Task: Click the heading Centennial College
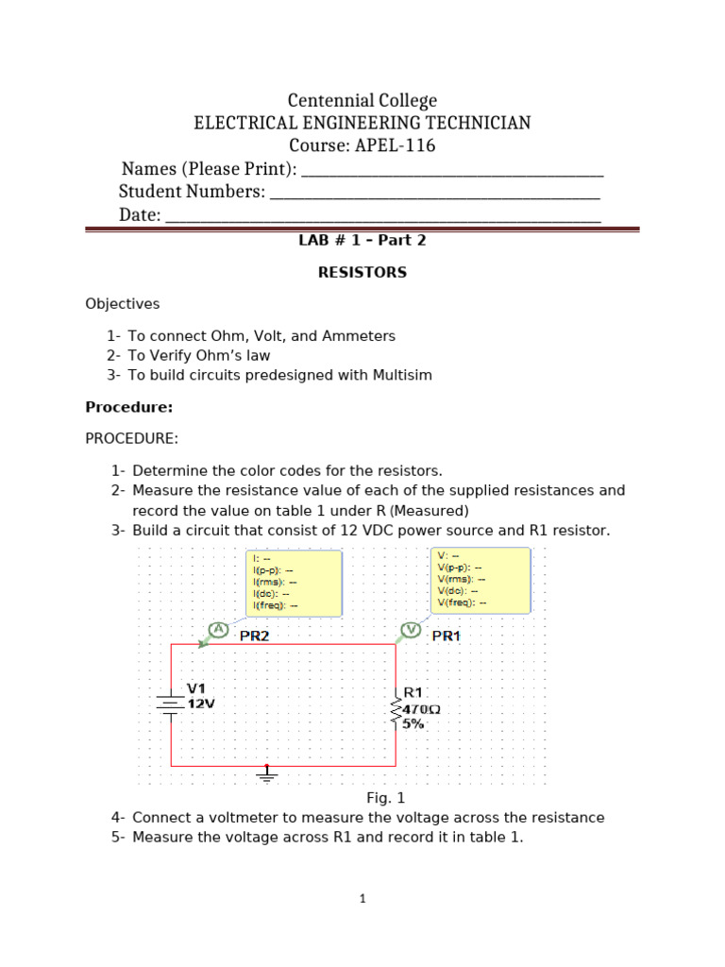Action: pyautogui.click(x=362, y=100)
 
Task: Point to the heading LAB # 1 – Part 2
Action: pyautogui.click(x=362, y=241)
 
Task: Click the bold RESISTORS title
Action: pyautogui.click(x=362, y=272)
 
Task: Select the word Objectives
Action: pyautogui.click(x=123, y=304)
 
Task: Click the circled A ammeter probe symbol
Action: pyautogui.click(x=218, y=630)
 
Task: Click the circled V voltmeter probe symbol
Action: pyautogui.click(x=410, y=630)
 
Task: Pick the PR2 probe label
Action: pyautogui.click(x=254, y=636)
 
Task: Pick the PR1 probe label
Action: pyautogui.click(x=446, y=636)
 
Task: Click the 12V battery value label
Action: pyautogui.click(x=201, y=704)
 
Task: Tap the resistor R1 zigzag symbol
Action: pyautogui.click(x=396, y=710)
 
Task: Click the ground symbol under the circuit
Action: pyautogui.click(x=267, y=774)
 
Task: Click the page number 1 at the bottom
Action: pyautogui.click(x=362, y=899)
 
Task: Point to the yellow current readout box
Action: pyautogui.click(x=294, y=583)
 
